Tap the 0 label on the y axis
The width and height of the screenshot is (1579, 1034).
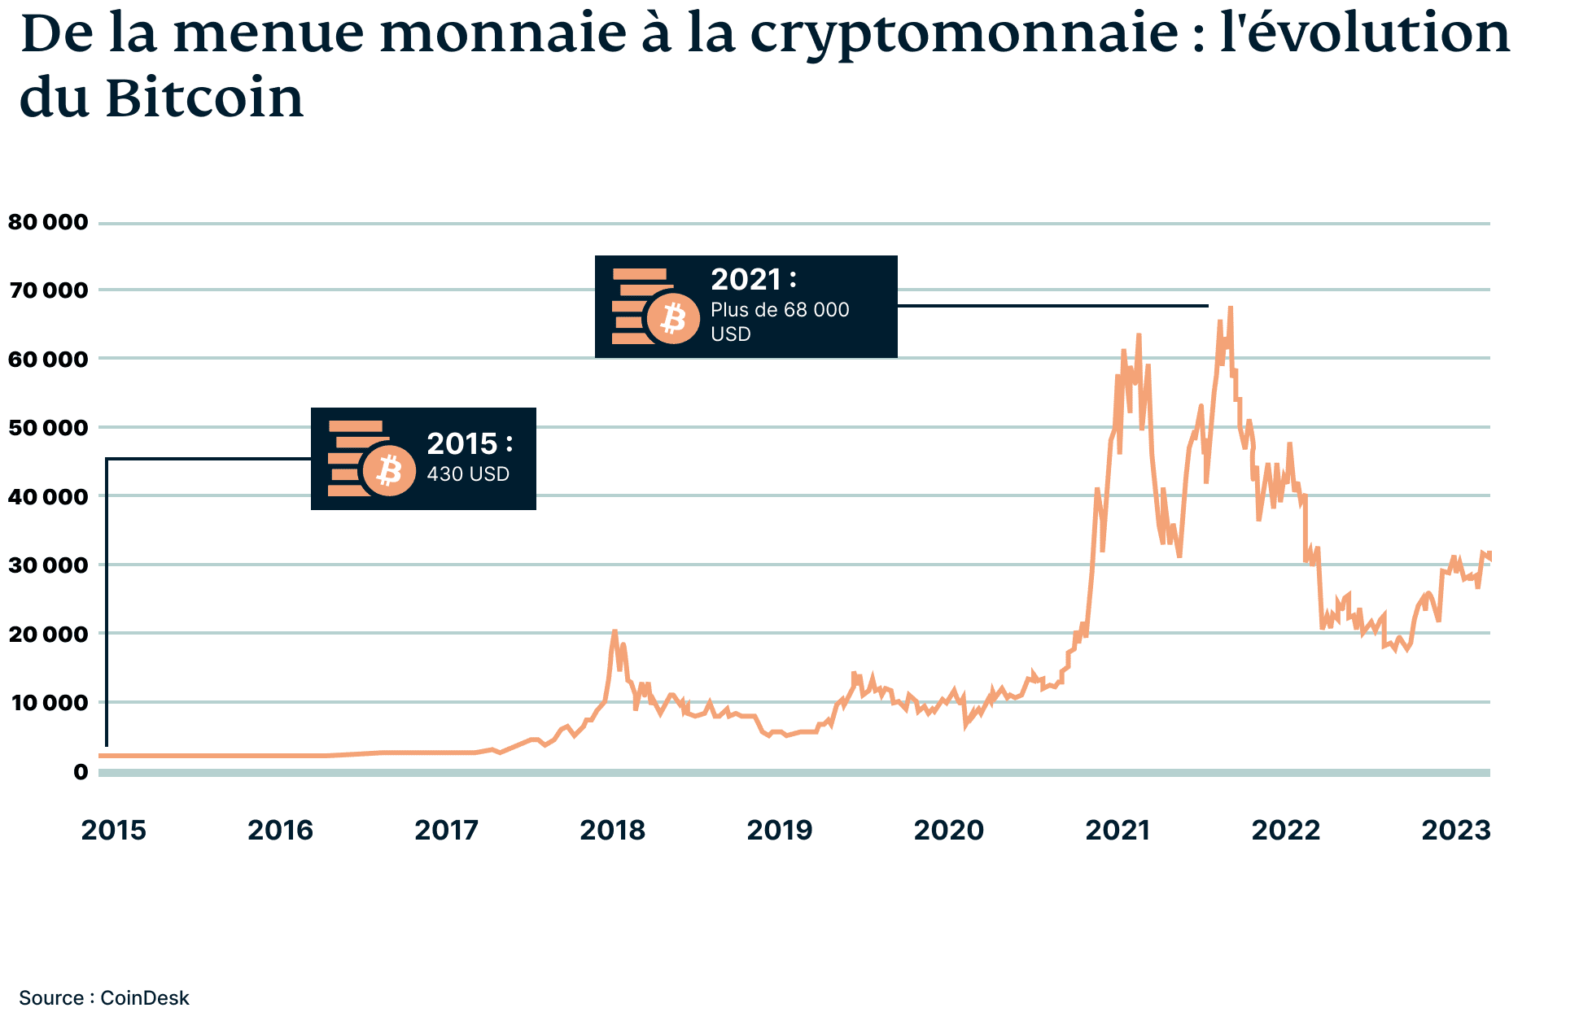pos(81,771)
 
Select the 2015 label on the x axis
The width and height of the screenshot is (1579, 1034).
pos(113,830)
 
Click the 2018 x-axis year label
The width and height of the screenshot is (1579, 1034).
pos(612,830)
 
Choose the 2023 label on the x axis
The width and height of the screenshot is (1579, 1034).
pos(1455,830)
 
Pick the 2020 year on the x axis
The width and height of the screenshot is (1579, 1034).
pos(949,830)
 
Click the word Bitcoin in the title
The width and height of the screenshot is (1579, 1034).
pos(204,98)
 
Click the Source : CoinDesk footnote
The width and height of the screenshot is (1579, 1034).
pos(104,998)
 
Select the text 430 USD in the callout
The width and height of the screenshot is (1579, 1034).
pos(468,474)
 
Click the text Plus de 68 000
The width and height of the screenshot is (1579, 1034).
pos(779,310)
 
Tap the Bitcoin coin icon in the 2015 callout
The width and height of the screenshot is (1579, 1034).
pos(389,471)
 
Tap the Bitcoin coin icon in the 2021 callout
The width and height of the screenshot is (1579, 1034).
pos(673,319)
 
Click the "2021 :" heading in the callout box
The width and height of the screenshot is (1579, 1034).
pos(754,280)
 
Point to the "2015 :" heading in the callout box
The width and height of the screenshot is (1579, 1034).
pos(470,443)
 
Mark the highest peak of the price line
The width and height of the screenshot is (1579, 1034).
pos(1230,308)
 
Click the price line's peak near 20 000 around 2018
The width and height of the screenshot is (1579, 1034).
pos(615,630)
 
